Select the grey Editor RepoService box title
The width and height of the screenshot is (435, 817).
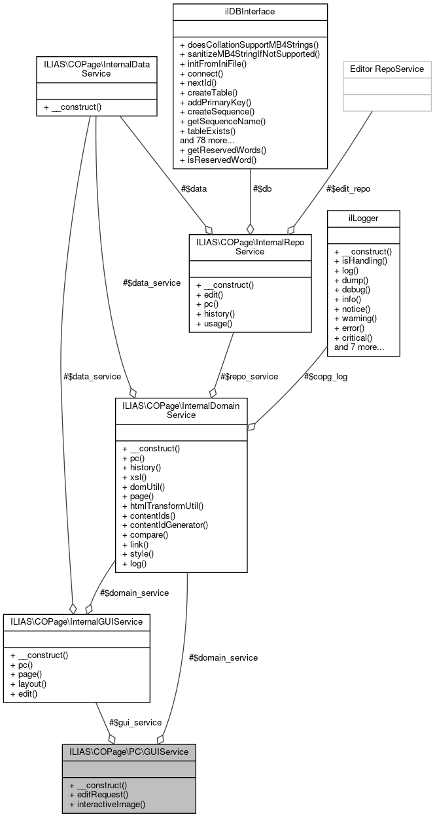(x=386, y=69)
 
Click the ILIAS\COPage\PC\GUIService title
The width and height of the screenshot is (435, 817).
(x=129, y=752)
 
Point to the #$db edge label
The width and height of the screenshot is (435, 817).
(x=262, y=188)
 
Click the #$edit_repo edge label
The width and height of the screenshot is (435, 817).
(x=348, y=188)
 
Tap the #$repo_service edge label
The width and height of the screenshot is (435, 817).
(x=249, y=376)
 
